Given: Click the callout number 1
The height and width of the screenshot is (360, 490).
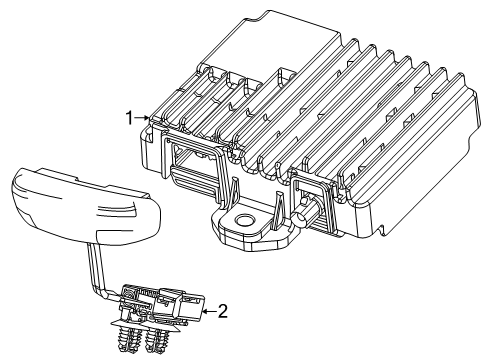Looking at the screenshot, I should coord(129,117).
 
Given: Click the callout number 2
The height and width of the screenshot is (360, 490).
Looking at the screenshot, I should coord(223,311).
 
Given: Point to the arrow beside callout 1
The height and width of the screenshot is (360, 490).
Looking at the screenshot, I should coord(145,118).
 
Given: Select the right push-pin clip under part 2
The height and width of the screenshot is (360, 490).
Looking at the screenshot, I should coord(156,338).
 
